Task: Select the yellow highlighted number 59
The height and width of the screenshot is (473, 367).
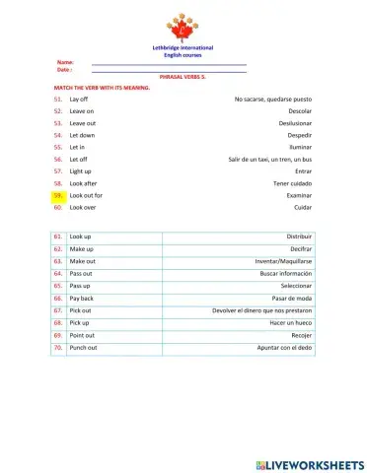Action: (x=59, y=195)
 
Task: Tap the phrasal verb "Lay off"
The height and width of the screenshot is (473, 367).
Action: (x=79, y=100)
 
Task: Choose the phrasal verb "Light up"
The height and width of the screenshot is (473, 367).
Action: (x=81, y=171)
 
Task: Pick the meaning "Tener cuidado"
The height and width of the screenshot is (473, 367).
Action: (x=292, y=183)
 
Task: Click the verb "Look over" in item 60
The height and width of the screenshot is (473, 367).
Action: (x=83, y=207)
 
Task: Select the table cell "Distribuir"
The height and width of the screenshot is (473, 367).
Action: (x=298, y=237)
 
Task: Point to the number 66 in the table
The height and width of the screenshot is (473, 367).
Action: (x=58, y=298)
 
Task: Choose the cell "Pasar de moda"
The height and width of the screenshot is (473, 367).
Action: (x=291, y=298)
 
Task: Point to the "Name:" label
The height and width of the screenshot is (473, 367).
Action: (x=65, y=62)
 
